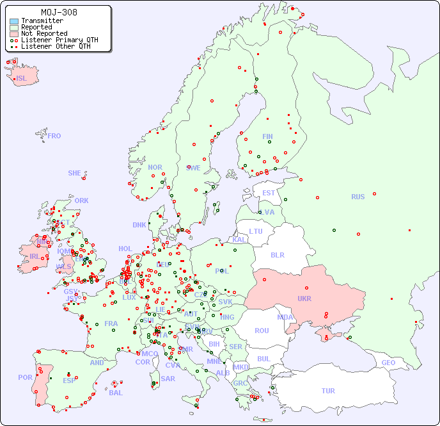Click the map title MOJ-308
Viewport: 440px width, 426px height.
[x=59, y=12]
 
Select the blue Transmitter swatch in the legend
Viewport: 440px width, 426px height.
[x=14, y=21]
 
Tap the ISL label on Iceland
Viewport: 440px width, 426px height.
[x=22, y=79]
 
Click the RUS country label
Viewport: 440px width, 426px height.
[x=357, y=197]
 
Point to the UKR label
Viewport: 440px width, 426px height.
[x=304, y=299]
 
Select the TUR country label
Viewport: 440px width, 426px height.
[x=328, y=391]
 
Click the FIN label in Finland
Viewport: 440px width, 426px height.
[x=267, y=136]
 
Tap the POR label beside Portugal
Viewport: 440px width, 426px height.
[x=25, y=377]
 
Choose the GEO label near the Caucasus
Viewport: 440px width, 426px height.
[x=388, y=363]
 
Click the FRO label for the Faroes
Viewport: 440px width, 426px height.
[x=54, y=136]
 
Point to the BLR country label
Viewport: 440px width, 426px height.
[x=278, y=254]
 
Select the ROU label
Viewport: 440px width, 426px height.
[x=262, y=331]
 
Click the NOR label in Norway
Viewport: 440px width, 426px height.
[x=155, y=167]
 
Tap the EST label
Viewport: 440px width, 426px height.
[x=269, y=193]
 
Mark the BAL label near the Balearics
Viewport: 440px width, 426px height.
[x=116, y=393]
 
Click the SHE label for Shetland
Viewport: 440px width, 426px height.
[x=75, y=173]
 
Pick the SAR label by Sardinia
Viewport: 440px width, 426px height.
[x=168, y=378]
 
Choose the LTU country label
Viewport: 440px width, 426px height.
[x=256, y=231]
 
